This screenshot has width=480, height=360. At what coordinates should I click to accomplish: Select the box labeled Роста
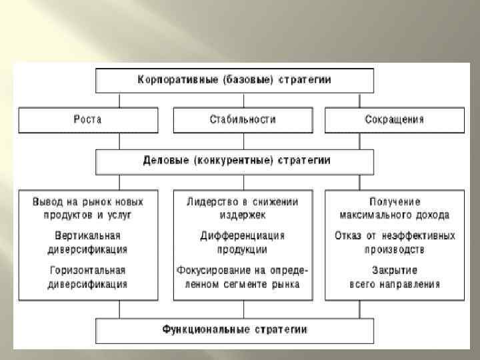click(x=88, y=120)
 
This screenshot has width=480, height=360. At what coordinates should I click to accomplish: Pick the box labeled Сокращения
click(x=394, y=120)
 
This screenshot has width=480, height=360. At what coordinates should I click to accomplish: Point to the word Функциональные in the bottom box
click(x=203, y=329)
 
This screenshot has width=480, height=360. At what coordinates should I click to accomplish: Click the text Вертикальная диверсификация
click(x=88, y=243)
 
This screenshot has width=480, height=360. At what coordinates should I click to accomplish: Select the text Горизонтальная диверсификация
click(x=88, y=277)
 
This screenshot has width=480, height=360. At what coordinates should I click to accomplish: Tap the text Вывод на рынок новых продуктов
click(x=88, y=208)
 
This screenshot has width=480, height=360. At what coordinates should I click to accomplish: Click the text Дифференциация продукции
click(x=242, y=243)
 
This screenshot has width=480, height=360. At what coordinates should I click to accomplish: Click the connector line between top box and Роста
click(x=120, y=100)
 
